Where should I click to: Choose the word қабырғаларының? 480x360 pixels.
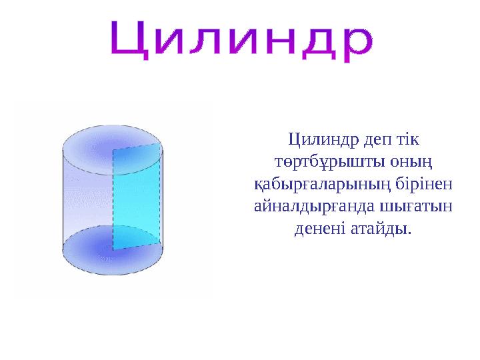306,185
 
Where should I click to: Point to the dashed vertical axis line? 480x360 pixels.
113,200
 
